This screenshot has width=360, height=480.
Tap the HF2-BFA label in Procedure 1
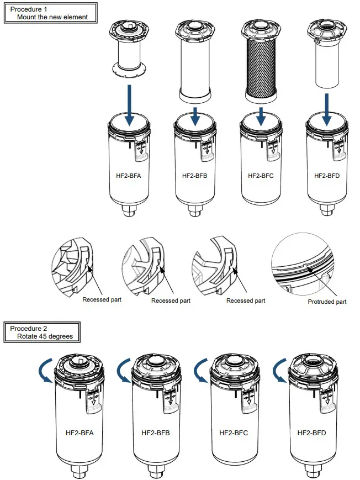click(129, 176)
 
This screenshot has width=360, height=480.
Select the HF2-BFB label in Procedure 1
click(195, 176)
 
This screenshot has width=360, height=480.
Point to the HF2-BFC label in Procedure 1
click(262, 176)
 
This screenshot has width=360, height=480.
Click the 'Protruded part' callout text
click(327, 302)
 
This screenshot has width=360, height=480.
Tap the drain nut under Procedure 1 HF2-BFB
click(195, 212)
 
